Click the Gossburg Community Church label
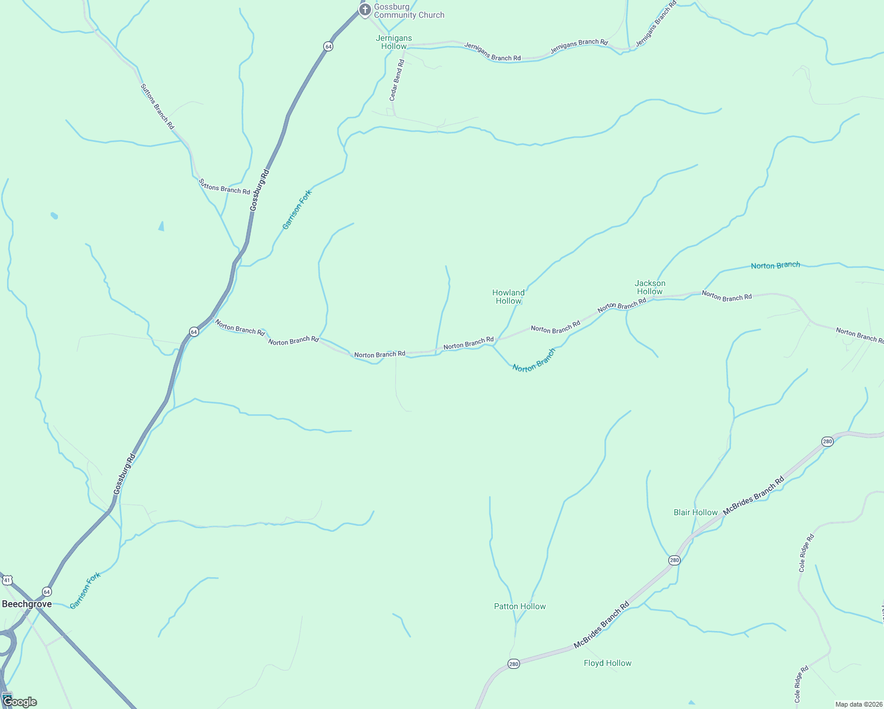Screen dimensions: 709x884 [409, 11]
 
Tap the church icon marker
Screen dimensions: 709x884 [365, 9]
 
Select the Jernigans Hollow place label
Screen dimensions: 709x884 [394, 42]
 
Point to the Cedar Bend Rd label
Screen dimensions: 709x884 [396, 80]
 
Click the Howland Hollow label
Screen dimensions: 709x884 [508, 297]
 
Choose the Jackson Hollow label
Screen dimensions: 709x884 [650, 287]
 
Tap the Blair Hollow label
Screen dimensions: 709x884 [695, 512]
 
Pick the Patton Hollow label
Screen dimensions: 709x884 [520, 606]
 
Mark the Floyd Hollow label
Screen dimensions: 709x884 [607, 663]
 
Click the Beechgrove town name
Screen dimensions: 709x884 [27, 604]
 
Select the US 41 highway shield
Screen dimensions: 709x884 [7, 580]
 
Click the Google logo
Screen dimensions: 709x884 [19, 702]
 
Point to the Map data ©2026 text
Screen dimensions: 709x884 [858, 704]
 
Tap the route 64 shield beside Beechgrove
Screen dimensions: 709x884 [47, 591]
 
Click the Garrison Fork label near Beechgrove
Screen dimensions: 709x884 [85, 590]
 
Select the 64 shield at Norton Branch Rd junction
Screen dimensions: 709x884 [194, 332]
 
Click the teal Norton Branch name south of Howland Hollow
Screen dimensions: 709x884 [534, 360]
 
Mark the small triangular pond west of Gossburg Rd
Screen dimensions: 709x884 [161, 226]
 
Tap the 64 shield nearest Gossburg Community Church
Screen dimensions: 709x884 [328, 46]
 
